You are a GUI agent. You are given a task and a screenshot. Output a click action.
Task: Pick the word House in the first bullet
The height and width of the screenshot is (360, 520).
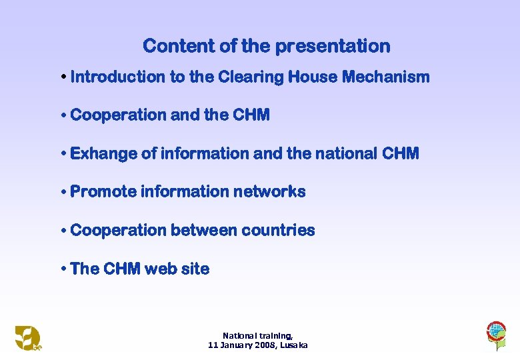(312, 77)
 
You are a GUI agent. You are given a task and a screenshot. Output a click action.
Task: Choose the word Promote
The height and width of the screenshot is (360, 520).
(101, 192)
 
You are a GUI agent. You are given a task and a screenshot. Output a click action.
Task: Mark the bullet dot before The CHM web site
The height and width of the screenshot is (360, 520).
(63, 269)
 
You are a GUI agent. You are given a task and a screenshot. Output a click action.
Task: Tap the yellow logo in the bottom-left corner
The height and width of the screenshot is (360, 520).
(28, 337)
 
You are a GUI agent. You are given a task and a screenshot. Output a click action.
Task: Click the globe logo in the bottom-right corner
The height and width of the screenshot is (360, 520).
(496, 333)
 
